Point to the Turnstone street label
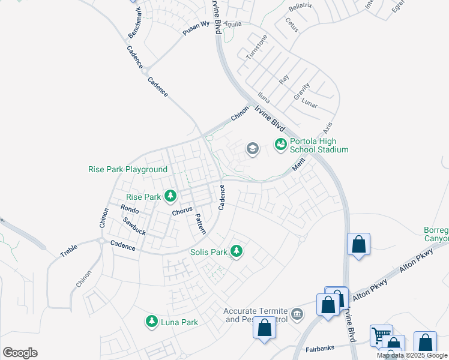click(256, 46)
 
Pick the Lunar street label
click(309, 103)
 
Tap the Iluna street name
click(263, 96)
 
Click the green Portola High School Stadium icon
click(280, 144)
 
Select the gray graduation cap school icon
click(253, 148)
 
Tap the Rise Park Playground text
click(128, 170)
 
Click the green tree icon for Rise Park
click(171, 196)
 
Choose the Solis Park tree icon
click(237, 251)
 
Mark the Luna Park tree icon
click(152, 322)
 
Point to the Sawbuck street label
click(134, 226)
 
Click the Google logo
click(20, 353)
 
